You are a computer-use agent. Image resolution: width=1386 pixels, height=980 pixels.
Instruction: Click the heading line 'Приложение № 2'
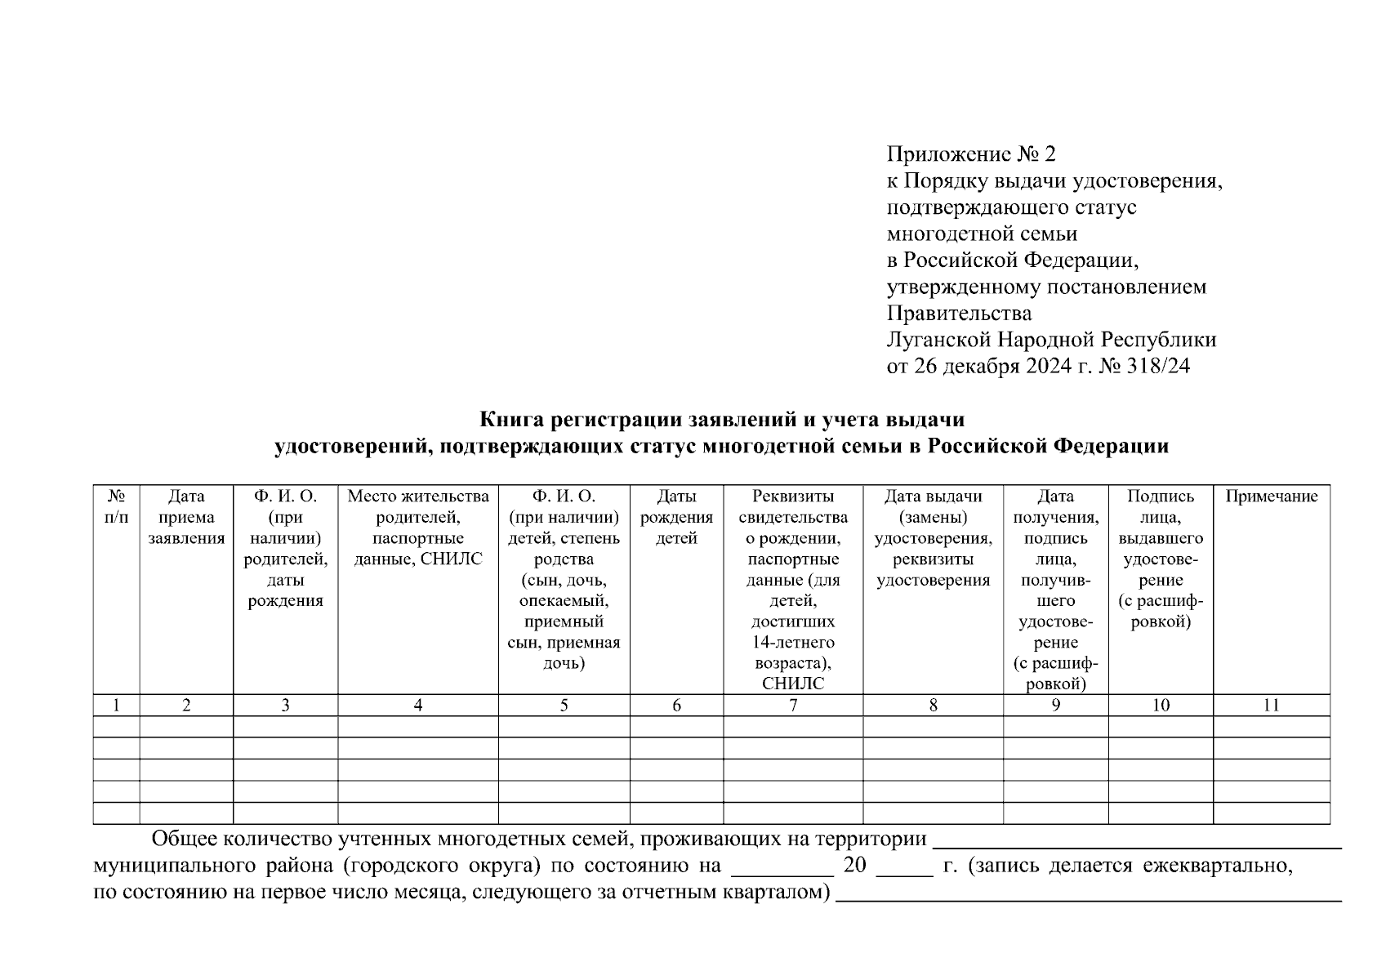click(970, 154)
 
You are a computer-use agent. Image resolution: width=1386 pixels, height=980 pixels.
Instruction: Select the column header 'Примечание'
click(1271, 497)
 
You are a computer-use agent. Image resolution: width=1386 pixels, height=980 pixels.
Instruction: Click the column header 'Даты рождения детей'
click(676, 517)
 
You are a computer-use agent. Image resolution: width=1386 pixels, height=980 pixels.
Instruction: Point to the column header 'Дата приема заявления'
click(186, 517)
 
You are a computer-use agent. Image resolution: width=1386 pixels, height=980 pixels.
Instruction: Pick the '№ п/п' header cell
click(117, 506)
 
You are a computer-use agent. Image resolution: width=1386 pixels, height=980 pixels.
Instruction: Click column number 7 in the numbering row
click(793, 706)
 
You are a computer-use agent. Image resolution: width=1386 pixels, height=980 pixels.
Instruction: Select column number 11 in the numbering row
click(1271, 706)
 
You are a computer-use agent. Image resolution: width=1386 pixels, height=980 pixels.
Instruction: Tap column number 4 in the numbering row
click(418, 706)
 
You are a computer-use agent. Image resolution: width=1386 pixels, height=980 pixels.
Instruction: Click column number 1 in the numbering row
click(117, 706)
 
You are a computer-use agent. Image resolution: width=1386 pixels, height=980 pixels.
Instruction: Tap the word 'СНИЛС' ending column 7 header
click(793, 684)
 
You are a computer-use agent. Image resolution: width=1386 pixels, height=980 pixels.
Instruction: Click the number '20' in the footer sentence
click(854, 865)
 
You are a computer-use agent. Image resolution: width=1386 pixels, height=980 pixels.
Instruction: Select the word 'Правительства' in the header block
click(959, 314)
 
